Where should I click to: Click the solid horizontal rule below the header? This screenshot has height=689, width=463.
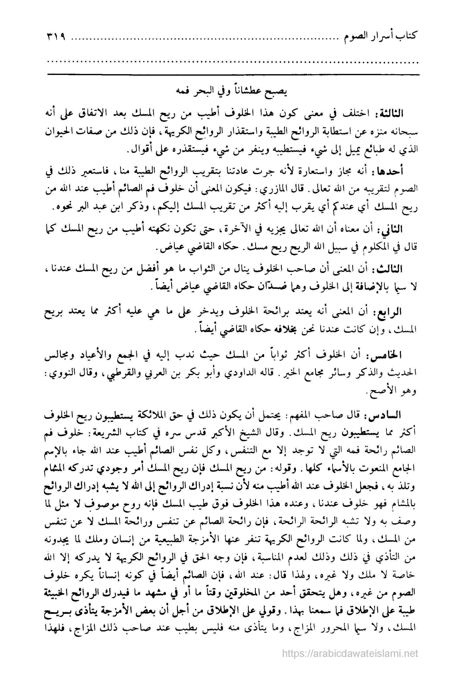tap(233, 74)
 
